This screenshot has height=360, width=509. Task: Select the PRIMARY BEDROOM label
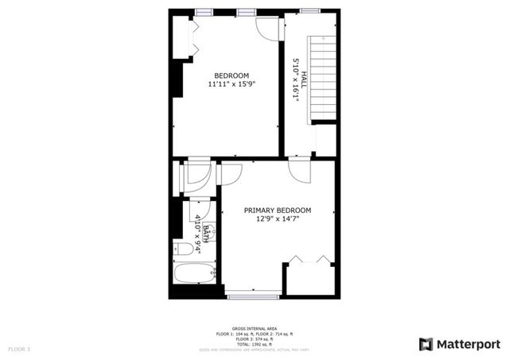click(278, 210)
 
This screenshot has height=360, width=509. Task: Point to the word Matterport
click(470, 343)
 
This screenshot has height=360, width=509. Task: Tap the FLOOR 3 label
click(19, 349)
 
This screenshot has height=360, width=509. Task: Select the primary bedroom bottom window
click(252, 296)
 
